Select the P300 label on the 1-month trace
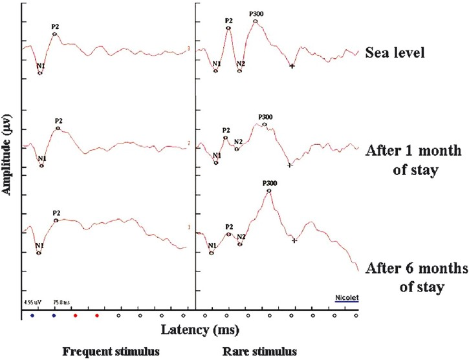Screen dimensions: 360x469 pos(265,117)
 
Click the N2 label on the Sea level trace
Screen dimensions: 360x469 pos(241,63)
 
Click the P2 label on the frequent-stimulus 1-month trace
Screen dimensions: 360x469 pos(58,120)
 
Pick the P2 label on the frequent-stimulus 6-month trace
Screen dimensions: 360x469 pos(56,213)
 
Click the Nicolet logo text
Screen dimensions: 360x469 pos(347,297)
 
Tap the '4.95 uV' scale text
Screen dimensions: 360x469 pos(31,301)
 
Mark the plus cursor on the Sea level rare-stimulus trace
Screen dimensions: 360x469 pos(292,67)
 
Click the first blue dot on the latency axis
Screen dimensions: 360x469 pos(32,315)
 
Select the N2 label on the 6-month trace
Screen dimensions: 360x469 pos(241,237)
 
